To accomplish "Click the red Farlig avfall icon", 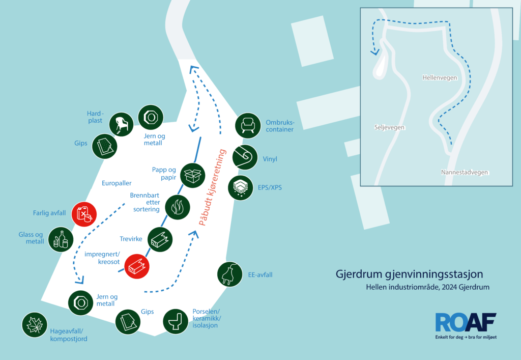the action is (x=84, y=214).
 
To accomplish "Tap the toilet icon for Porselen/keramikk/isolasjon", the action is (x=176, y=321).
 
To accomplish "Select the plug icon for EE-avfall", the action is (x=229, y=274).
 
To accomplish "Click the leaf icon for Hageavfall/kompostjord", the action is (x=35, y=325).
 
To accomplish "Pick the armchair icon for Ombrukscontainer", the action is (x=248, y=126).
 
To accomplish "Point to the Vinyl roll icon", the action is (x=245, y=157).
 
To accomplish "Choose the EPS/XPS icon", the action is (x=241, y=188).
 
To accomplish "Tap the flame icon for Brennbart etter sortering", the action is (x=178, y=207).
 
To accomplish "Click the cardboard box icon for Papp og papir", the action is (x=193, y=176).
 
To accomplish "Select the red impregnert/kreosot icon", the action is (x=137, y=266).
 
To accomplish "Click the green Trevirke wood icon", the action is (x=160, y=239).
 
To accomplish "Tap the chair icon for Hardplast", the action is (x=121, y=124).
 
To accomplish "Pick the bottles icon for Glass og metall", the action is (x=61, y=239).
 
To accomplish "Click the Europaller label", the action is (x=117, y=183).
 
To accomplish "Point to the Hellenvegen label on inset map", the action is (x=440, y=78).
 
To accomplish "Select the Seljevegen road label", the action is (x=389, y=127).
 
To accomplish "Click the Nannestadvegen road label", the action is (x=465, y=172).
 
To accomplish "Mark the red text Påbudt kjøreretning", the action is (x=212, y=187).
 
